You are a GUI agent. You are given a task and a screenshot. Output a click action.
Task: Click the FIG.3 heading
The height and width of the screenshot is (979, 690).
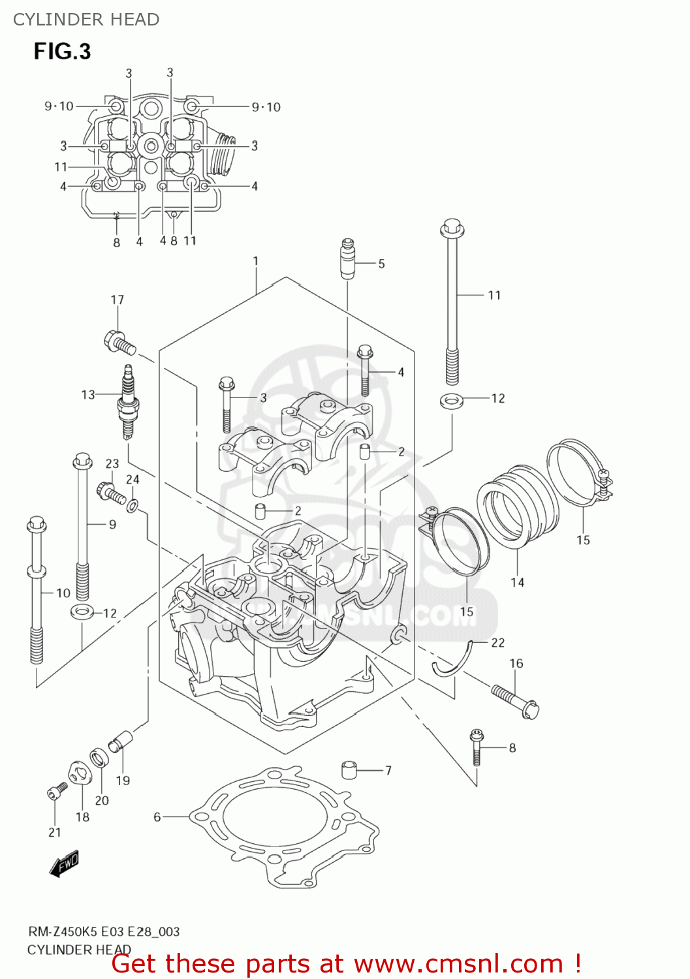tap(62, 51)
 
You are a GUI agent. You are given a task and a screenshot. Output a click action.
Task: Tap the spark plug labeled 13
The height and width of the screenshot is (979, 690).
tap(127, 404)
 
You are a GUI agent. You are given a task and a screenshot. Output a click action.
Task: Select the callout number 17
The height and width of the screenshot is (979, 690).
tap(117, 300)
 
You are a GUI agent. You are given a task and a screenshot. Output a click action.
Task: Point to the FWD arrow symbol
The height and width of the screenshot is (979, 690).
tap(64, 864)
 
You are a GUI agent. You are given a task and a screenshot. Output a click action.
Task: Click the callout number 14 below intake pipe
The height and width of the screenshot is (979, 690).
tap(517, 582)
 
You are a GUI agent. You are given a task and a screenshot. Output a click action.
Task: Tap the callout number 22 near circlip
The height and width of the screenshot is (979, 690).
tap(498, 643)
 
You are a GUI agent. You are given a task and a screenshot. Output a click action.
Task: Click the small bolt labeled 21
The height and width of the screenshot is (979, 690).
tap(56, 791)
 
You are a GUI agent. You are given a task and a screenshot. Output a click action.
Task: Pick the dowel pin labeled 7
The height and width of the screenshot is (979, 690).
tap(351, 769)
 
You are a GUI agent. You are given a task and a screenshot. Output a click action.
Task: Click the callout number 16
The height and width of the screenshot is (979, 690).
tap(516, 663)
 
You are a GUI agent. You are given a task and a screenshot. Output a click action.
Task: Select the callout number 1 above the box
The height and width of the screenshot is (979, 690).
tap(256, 261)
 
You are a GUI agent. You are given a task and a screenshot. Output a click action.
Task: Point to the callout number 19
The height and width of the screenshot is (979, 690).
tap(123, 780)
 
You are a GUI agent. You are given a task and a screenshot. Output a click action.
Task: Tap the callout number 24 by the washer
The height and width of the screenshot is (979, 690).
tap(133, 479)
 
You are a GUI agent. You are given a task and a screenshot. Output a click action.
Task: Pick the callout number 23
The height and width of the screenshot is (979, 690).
tap(112, 463)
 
